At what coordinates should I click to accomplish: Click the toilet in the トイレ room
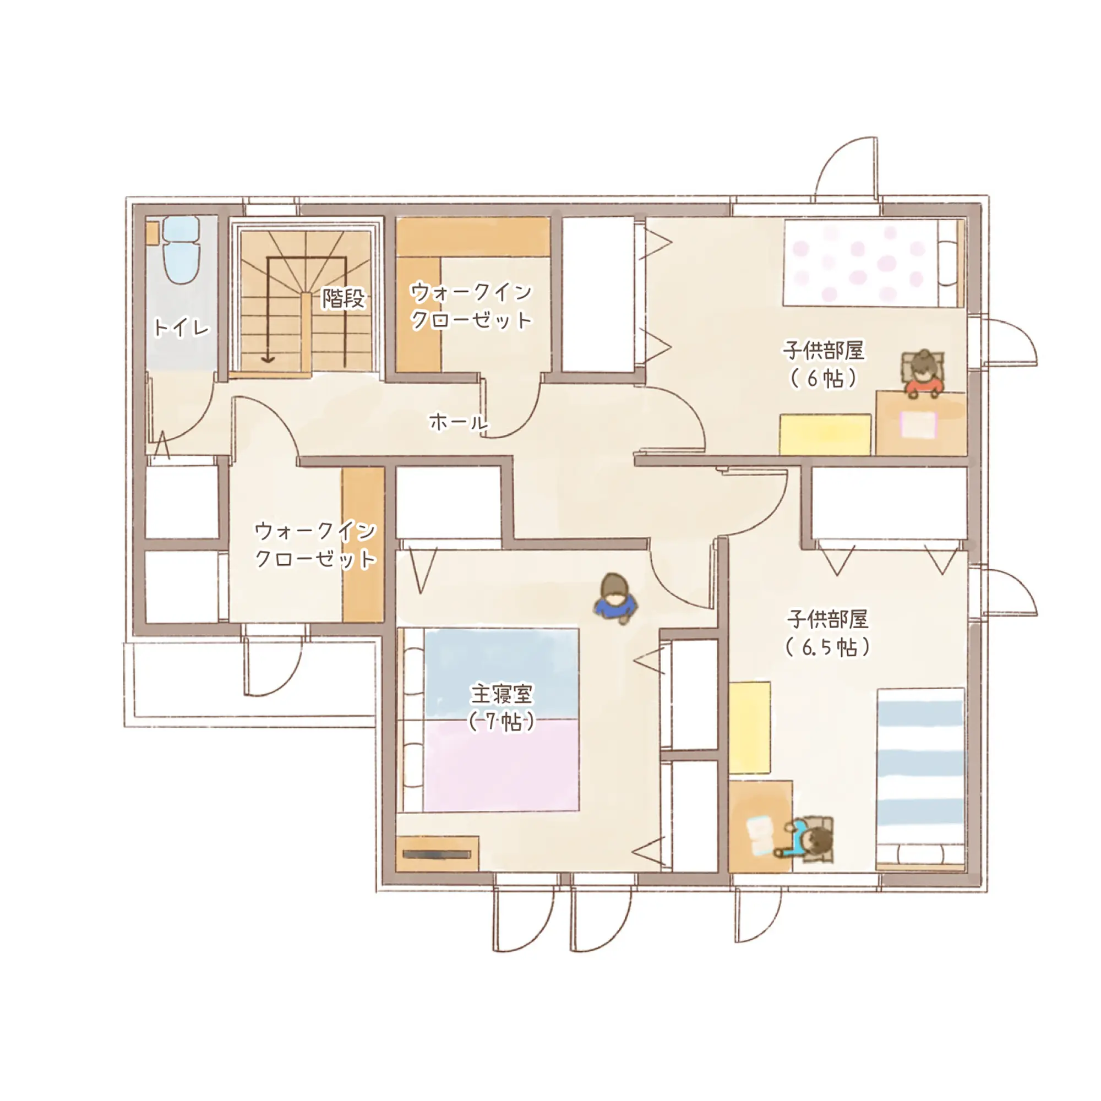(182, 249)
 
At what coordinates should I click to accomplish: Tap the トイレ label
(181, 328)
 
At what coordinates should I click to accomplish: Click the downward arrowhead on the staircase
(268, 359)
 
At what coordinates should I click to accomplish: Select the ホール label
(459, 422)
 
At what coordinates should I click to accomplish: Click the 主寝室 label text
(502, 694)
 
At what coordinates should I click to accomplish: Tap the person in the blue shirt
(615, 599)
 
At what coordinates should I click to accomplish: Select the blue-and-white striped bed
(920, 781)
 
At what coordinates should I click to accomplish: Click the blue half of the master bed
(502, 674)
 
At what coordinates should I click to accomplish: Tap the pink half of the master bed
(502, 765)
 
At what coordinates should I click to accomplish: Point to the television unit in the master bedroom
(437, 853)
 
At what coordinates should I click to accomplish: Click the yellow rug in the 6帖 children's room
(825, 434)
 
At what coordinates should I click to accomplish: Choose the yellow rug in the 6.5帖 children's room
(750, 727)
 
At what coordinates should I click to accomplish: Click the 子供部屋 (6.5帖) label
(827, 633)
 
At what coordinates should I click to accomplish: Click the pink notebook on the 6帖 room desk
(919, 425)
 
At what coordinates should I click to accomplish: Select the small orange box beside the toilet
(152, 232)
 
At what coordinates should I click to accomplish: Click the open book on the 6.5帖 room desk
(760, 836)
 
